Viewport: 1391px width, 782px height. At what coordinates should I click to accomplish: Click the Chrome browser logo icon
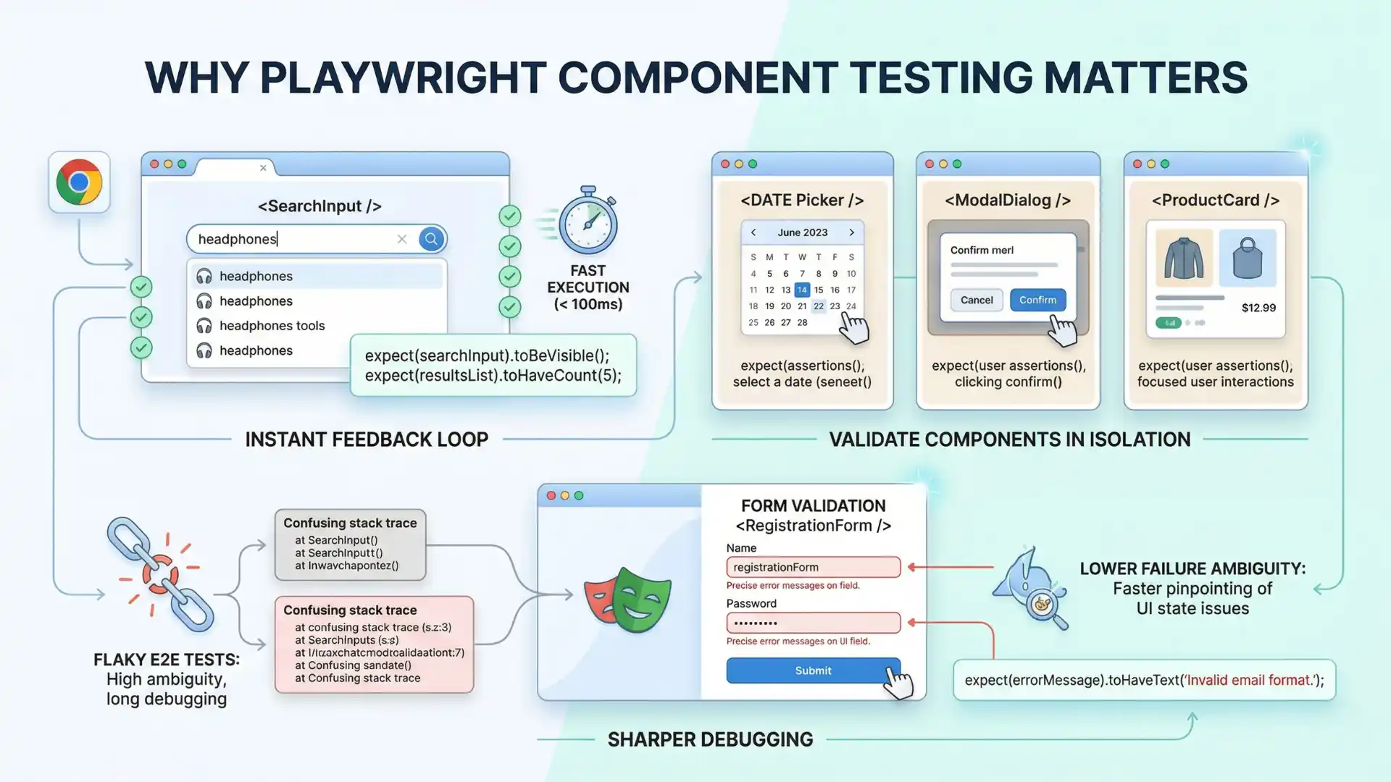pyautogui.click(x=79, y=182)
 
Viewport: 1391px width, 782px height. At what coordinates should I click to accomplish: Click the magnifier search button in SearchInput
pyautogui.click(x=431, y=239)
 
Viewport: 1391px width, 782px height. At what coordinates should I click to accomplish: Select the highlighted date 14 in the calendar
pyautogui.click(x=802, y=290)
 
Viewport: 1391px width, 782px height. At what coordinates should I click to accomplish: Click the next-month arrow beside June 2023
pyautogui.click(x=851, y=232)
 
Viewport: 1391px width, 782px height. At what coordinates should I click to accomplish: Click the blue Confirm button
pyautogui.click(x=1037, y=300)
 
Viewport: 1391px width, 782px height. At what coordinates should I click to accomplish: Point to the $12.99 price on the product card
pyautogui.click(x=1258, y=308)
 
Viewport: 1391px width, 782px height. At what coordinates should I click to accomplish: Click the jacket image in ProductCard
pyautogui.click(x=1184, y=258)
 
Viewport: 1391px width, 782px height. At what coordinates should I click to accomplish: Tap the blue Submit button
pyautogui.click(x=813, y=670)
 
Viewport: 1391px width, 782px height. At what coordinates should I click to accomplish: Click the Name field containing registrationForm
pyautogui.click(x=813, y=567)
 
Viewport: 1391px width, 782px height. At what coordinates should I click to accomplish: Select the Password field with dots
pyautogui.click(x=813, y=623)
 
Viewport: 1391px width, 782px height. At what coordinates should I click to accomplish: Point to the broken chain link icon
pyautogui.click(x=160, y=574)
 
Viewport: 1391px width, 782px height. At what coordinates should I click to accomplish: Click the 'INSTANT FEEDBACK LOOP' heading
pyautogui.click(x=367, y=440)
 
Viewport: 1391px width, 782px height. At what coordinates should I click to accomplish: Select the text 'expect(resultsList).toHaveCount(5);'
pyautogui.click(x=493, y=376)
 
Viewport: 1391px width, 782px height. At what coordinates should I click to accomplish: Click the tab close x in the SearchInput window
pyautogui.click(x=263, y=168)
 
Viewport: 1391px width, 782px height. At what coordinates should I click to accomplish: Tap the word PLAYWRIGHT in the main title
pyautogui.click(x=403, y=77)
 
